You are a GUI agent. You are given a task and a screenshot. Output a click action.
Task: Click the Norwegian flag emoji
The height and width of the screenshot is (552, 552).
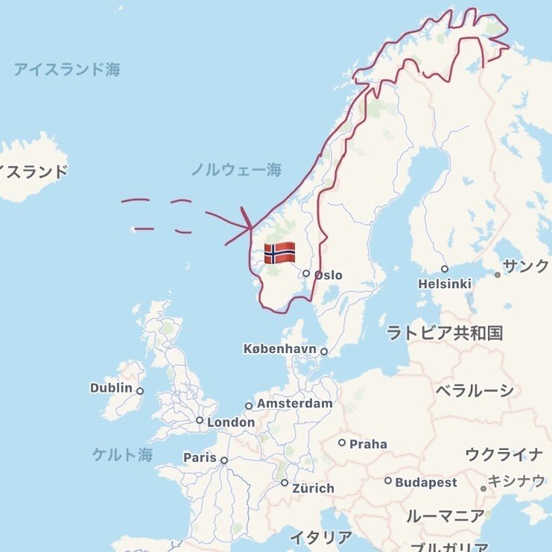click(279, 253)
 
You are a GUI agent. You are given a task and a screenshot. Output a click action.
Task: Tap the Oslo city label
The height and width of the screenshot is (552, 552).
click(328, 275)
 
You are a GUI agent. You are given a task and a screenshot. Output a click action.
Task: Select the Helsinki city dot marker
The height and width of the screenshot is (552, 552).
click(445, 269)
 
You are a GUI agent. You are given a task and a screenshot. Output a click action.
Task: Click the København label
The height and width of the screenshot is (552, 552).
click(280, 349)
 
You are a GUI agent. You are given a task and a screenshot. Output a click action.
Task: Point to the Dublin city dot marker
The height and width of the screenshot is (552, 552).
click(140, 390)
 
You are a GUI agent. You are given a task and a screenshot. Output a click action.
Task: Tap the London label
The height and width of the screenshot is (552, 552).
click(231, 422)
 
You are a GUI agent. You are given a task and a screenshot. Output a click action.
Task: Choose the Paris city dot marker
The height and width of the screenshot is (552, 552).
click(223, 460)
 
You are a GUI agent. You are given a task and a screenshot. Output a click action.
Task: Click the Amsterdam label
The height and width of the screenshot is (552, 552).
click(294, 404)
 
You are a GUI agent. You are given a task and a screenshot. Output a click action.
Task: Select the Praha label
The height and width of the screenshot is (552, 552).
click(368, 444)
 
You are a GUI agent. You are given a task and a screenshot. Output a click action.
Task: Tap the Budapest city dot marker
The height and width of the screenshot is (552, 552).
click(388, 480)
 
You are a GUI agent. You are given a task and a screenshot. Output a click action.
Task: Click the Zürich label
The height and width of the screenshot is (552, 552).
click(313, 489)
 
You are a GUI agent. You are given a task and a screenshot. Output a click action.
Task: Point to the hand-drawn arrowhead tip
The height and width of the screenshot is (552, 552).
click(253, 226)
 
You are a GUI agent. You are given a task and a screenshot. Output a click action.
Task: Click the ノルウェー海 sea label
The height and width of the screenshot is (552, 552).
click(236, 170)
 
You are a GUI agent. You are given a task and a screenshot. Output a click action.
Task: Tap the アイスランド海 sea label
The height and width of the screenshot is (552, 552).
click(67, 70)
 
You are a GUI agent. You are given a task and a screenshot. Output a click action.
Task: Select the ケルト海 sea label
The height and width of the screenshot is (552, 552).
click(122, 455)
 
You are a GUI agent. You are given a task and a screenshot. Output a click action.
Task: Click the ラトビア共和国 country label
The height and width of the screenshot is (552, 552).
click(445, 332)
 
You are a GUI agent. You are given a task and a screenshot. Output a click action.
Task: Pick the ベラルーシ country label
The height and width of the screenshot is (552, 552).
click(475, 390)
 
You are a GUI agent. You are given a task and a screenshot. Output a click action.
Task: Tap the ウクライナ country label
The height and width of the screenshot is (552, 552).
click(504, 454)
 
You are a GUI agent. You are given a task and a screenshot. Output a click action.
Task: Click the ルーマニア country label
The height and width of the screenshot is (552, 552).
click(445, 515)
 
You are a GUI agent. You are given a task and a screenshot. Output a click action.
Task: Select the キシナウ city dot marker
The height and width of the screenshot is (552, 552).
click(483, 489)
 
